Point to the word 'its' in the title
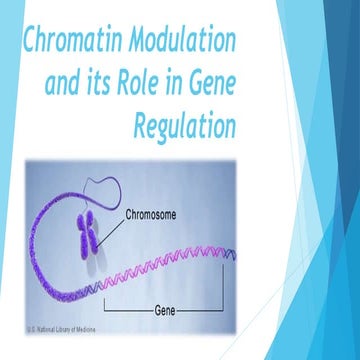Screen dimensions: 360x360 point(116,84)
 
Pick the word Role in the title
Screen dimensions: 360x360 point(164,84)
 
